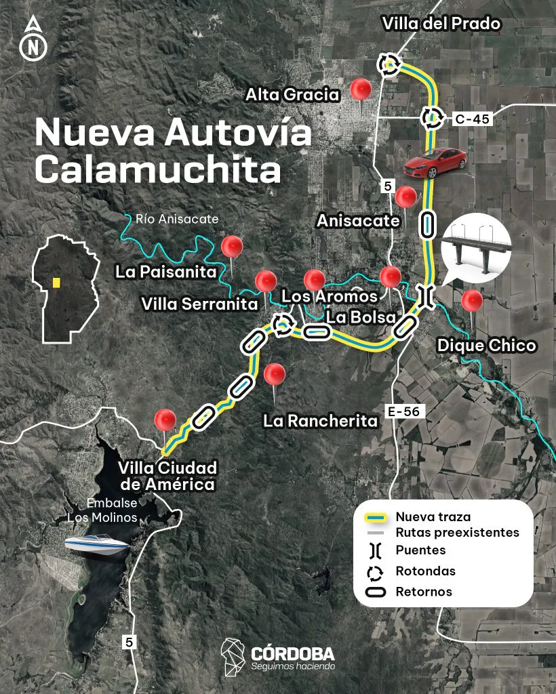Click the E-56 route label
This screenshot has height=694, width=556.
405,411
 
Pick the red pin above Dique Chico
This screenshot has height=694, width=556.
471,300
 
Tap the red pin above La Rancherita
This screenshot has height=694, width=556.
275,373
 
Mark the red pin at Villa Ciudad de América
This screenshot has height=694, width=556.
165,420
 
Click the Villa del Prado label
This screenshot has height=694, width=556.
441,24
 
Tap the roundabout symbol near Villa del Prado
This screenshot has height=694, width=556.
389,64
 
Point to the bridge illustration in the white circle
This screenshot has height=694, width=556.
476,247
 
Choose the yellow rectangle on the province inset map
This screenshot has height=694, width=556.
56,283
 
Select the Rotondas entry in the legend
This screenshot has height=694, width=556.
425,571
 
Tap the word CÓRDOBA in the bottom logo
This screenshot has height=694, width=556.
292,654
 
